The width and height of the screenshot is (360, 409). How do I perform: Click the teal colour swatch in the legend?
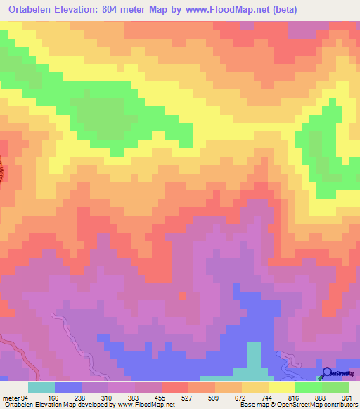click(x=41, y=387)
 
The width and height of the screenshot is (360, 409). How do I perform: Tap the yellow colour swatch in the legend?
click(x=281, y=387)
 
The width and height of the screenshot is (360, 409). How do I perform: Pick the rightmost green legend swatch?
click(x=335, y=387)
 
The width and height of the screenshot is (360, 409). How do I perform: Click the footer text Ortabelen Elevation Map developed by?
click(x=49, y=405)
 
